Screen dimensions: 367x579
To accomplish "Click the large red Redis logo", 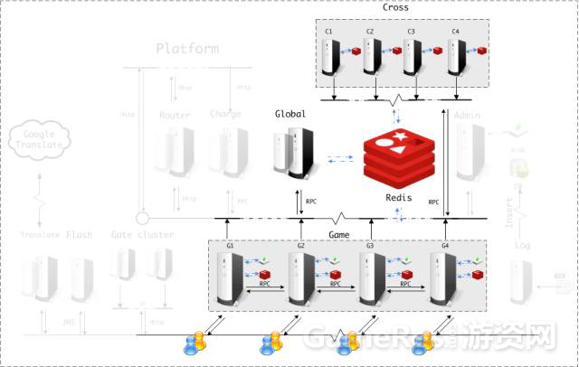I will (x=398, y=155).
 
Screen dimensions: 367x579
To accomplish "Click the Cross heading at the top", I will (x=395, y=8).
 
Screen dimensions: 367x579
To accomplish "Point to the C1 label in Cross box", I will (x=328, y=32).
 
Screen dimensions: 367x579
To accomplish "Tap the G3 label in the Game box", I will (x=369, y=246).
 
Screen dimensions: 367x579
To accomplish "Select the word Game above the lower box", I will (x=338, y=233).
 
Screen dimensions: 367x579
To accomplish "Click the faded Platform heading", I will (x=187, y=49).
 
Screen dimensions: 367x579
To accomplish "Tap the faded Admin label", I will (x=468, y=115).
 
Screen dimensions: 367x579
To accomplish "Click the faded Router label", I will (x=175, y=115).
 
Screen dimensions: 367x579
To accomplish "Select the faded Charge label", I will (x=225, y=115).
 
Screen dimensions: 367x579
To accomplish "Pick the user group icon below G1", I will (x=195, y=342).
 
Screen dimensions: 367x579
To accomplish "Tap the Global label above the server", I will (x=290, y=115).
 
